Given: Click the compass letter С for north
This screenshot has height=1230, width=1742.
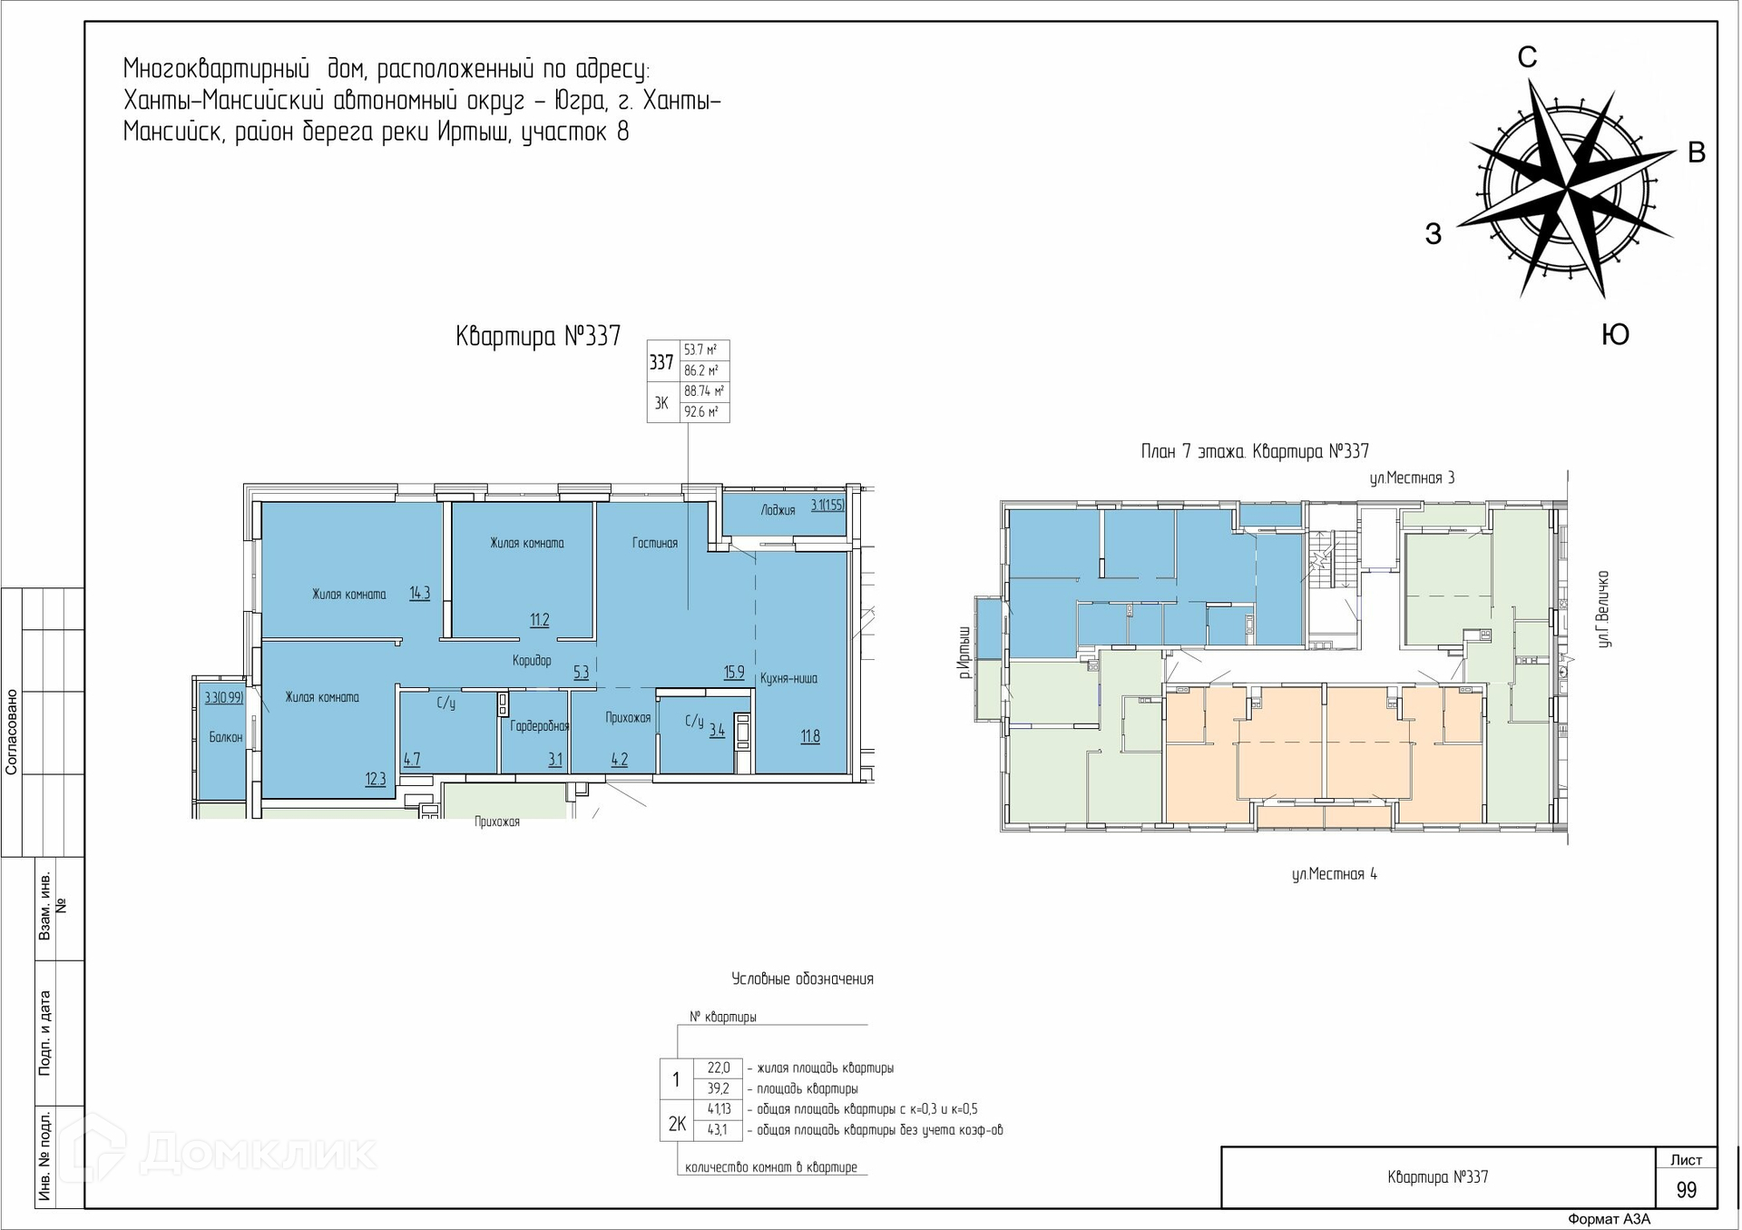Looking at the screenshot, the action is (1528, 57).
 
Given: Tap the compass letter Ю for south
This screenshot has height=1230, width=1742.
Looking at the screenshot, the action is (1615, 334).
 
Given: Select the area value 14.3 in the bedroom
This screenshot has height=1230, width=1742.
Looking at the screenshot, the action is (419, 593).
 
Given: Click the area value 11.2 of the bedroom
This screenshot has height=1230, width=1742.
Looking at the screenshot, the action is (540, 620).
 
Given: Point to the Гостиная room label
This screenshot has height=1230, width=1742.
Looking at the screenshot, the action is (655, 543).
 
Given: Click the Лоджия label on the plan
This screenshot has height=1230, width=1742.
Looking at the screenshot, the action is (778, 510).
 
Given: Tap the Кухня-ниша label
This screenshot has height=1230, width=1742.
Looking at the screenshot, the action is (788, 678).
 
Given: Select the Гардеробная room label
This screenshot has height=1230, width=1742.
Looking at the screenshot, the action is (540, 725).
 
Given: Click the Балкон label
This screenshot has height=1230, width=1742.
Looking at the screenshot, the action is (226, 737).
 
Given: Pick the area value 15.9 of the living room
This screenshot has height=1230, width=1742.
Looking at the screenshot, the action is (734, 673).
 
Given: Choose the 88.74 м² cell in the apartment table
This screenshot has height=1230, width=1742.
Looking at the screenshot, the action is (704, 391).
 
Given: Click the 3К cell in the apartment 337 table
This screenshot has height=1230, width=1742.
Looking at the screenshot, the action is (661, 403).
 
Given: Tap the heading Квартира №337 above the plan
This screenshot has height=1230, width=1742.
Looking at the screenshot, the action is (538, 337).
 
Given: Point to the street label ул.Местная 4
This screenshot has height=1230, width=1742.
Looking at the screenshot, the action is (1335, 874).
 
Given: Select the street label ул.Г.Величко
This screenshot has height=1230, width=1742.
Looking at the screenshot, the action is (1603, 609).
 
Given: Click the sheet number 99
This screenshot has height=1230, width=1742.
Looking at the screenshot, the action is (1686, 1190).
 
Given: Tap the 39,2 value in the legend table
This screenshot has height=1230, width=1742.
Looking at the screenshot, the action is (719, 1088).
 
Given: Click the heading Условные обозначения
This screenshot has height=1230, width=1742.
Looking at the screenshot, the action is (802, 979).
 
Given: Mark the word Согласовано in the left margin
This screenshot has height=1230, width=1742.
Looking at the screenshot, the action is (12, 732).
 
